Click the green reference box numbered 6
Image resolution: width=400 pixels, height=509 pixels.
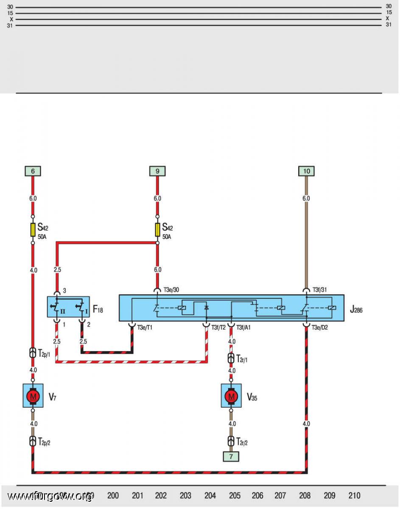point(33,171)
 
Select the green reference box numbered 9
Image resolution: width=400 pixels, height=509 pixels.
point(157,171)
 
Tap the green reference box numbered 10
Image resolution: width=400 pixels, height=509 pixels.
point(306,171)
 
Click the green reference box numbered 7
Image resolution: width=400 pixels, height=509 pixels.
point(231,456)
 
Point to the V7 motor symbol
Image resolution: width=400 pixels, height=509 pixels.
point(33,396)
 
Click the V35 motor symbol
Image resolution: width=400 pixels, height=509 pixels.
point(231,396)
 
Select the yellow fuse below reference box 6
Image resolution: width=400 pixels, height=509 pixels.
point(33,230)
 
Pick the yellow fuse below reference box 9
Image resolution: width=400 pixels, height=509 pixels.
point(157,230)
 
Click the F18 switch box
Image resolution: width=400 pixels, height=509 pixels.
point(68,307)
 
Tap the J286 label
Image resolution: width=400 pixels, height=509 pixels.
point(356,310)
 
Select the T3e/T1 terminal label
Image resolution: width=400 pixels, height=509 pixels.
point(145,327)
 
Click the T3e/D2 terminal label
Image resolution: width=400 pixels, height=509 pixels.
point(320,327)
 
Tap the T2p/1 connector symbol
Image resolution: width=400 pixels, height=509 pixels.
point(33,353)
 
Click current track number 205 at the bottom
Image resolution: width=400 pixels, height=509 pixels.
point(235,495)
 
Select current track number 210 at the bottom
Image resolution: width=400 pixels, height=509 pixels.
point(355,495)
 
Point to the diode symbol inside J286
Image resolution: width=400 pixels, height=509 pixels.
point(207,307)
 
